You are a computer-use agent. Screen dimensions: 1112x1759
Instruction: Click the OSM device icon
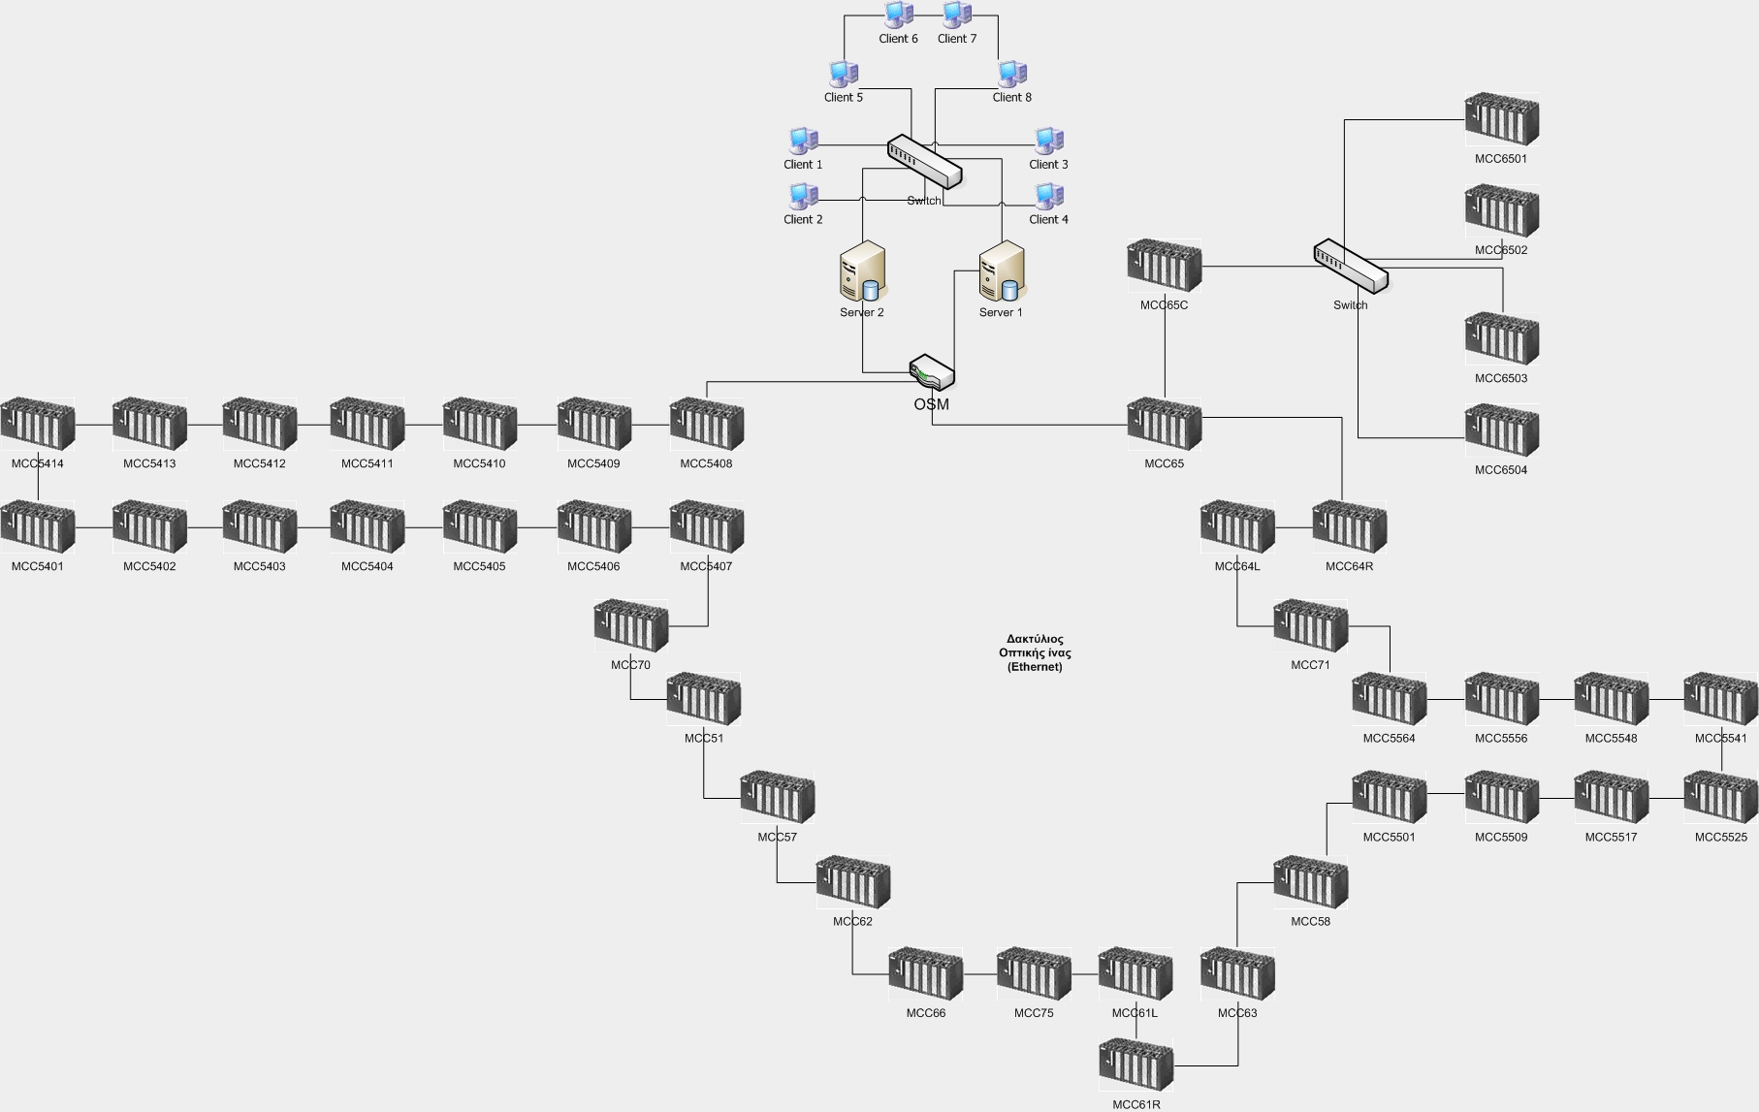932,373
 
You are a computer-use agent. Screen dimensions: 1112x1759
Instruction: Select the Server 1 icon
1001,271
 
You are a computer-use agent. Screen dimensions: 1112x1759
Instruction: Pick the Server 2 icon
862,271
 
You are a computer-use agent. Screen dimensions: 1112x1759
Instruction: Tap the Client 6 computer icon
899,15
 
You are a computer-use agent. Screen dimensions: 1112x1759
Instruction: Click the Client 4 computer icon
1048,196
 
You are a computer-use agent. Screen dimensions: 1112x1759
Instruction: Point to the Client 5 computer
843,74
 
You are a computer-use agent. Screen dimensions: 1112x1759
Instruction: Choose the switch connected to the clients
924,161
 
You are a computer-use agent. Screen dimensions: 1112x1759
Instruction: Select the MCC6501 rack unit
1501,120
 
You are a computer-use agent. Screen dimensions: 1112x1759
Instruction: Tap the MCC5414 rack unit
37,425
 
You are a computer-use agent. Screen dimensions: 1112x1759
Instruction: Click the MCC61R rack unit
1135,1065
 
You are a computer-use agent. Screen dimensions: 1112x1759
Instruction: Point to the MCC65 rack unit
1164,425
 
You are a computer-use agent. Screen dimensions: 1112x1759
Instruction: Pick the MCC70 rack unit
630,626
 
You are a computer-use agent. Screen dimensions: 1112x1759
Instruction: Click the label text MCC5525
1720,837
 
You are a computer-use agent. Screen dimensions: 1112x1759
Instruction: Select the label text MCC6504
1500,470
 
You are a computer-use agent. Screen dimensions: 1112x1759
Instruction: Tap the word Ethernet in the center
1035,667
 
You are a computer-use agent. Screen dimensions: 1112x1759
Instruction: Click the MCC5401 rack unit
37,527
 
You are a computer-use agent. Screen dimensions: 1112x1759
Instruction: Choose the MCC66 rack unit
925,974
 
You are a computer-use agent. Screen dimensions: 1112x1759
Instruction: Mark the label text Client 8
1011,97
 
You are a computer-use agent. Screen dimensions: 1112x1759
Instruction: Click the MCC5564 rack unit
1389,699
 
